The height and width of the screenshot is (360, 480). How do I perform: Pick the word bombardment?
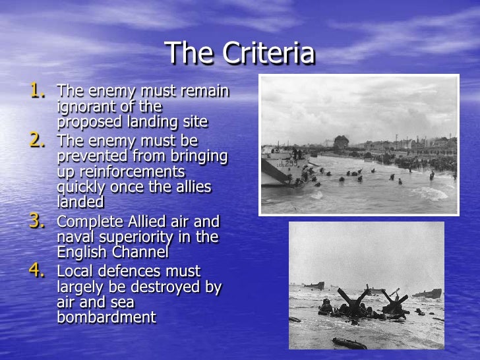click(107, 317)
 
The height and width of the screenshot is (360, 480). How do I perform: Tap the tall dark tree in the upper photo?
click(341, 142)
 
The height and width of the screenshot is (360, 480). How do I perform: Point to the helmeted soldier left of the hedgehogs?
click(325, 305)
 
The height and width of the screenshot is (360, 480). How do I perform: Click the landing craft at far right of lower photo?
click(427, 293)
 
